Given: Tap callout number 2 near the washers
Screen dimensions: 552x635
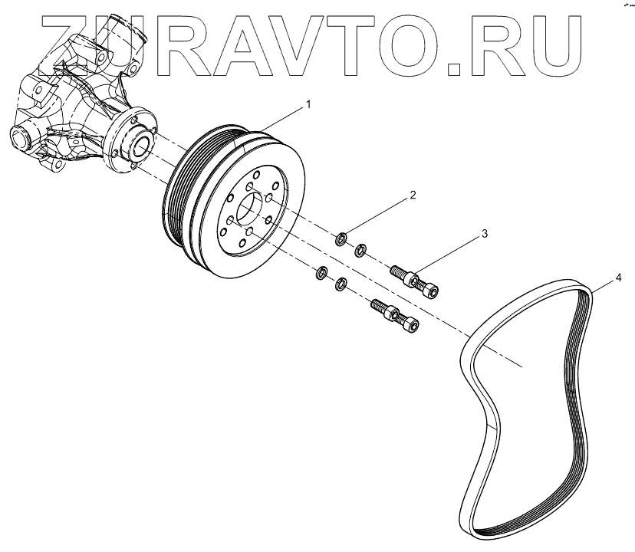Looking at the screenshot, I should point(412,195).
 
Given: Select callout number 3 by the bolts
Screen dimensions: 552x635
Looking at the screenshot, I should point(484,231).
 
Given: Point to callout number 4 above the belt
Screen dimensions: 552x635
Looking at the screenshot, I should point(619,276).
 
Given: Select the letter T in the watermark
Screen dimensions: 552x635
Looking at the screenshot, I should point(389,48).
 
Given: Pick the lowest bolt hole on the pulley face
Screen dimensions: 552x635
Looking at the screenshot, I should point(242,244).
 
